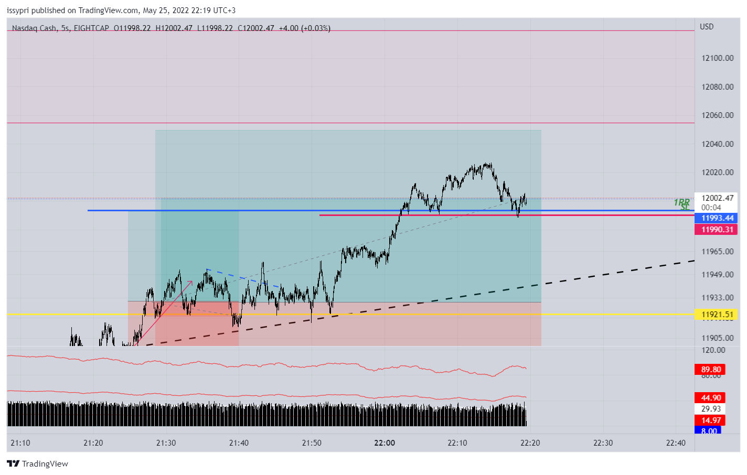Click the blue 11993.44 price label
tap(717, 218)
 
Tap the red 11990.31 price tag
tap(717, 230)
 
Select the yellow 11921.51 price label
tap(717, 315)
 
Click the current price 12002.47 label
tap(717, 198)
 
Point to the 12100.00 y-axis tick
tap(717, 58)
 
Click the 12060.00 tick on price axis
tap(717, 115)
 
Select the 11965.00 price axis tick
tap(717, 252)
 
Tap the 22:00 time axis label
tap(385, 443)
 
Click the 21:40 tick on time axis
tap(239, 443)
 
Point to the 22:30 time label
tap(603, 443)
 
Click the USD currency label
tap(706, 27)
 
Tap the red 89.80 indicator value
tap(711, 370)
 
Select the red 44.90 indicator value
tap(711, 398)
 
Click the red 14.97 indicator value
tap(711, 420)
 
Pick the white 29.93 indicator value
tap(711, 409)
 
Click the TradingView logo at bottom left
tap(38, 464)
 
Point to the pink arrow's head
tap(191, 283)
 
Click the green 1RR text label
tap(681, 202)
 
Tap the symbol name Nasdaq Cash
tap(34, 28)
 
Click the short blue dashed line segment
tap(242, 278)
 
